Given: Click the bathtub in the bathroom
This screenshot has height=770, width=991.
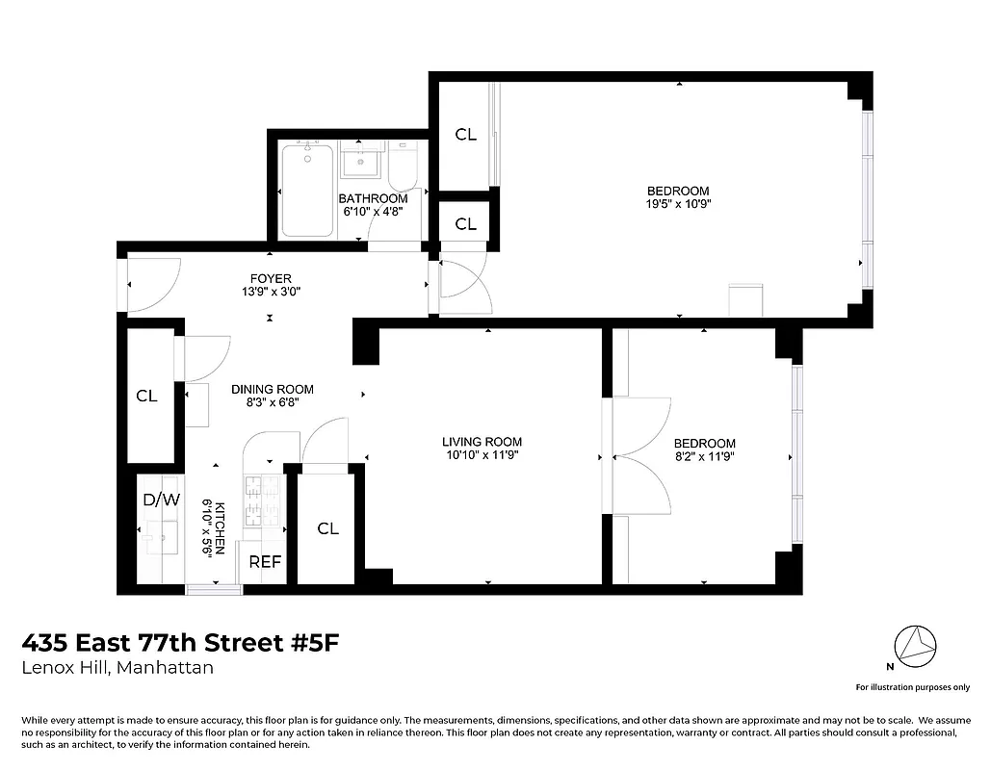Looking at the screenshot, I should pyautogui.click(x=307, y=190).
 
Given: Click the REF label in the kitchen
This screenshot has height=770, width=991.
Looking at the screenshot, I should pyautogui.click(x=265, y=562).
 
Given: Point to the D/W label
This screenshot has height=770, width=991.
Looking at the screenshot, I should pyautogui.click(x=161, y=500).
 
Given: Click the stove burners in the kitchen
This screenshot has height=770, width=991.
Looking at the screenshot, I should pyautogui.click(x=262, y=500).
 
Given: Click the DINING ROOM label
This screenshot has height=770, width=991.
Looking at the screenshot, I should pyautogui.click(x=273, y=390).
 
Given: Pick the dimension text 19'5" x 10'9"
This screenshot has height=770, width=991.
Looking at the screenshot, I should pyautogui.click(x=678, y=204).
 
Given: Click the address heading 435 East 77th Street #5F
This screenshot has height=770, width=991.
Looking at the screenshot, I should pyautogui.click(x=181, y=642).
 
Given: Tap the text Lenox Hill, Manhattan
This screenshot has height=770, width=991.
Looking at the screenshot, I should pyautogui.click(x=117, y=668).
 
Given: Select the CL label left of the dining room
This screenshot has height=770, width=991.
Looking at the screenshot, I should pyautogui.click(x=146, y=396).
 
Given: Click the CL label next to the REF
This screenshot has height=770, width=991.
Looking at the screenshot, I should pyautogui.click(x=328, y=528).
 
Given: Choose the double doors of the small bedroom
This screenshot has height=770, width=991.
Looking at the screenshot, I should pyautogui.click(x=639, y=452).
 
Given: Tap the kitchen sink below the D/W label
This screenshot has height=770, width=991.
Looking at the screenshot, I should pyautogui.click(x=159, y=534).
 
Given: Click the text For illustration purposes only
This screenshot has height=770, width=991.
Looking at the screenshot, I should pyautogui.click(x=912, y=687).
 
